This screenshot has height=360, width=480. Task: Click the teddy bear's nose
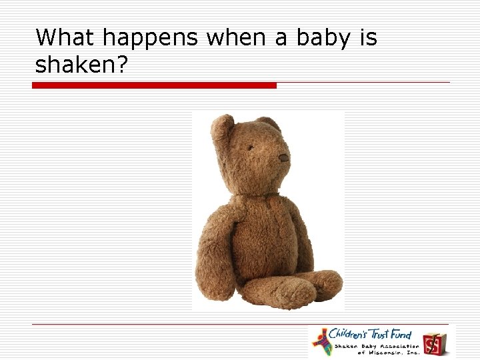click(283, 158)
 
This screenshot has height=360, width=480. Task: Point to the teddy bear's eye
click(251, 148)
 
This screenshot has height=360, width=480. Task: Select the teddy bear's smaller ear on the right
click(270, 123)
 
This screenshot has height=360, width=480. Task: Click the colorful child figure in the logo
click(323, 341)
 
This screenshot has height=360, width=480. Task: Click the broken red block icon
click(433, 343)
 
